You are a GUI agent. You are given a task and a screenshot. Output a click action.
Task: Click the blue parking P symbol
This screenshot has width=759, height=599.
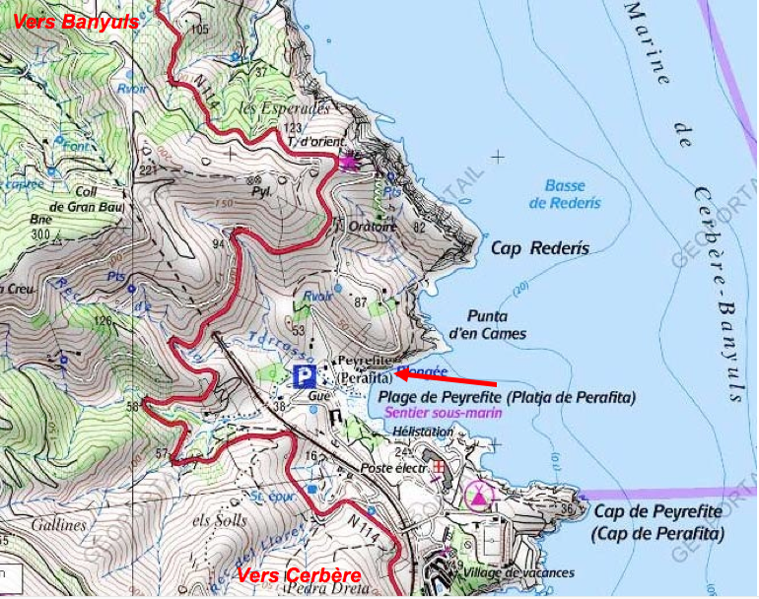tap(305, 375)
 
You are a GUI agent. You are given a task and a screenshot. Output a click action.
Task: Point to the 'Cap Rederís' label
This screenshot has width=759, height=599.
tap(540, 248)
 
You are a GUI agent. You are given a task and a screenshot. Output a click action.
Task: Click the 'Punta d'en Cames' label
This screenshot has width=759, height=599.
tap(487, 325)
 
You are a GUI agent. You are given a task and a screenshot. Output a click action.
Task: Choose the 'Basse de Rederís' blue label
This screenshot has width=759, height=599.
tap(564, 194)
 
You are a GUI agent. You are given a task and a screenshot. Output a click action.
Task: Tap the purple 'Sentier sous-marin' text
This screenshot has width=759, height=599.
tap(444, 414)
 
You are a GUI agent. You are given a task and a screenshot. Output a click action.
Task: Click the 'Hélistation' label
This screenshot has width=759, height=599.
tap(423, 432)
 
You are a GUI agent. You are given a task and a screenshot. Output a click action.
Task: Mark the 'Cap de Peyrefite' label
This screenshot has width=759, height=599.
tap(657, 523)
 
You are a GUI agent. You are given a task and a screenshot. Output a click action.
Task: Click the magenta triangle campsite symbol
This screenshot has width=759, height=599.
tap(479, 495)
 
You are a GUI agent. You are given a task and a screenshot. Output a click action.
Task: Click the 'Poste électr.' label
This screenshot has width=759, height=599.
tap(395, 468)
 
